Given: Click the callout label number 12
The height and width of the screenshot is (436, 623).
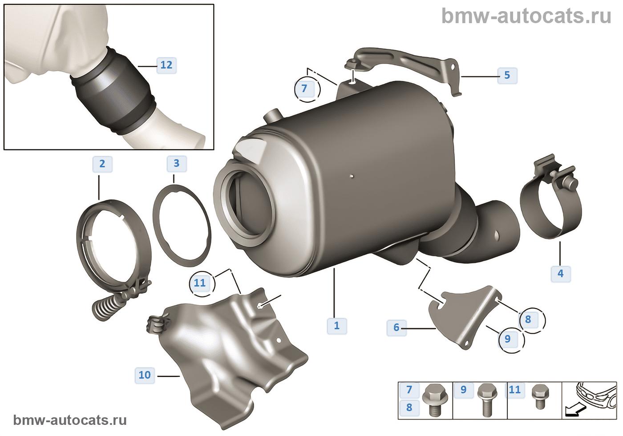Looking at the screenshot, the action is click(x=166, y=65).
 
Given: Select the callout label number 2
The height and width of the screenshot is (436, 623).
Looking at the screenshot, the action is click(x=102, y=164).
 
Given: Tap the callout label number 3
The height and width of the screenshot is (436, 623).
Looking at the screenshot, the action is click(x=177, y=164).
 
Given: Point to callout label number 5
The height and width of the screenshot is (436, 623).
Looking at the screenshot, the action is click(x=507, y=75).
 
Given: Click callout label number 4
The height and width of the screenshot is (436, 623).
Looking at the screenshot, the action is click(x=561, y=274).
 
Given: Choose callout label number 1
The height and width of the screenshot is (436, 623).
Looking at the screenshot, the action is click(x=337, y=326).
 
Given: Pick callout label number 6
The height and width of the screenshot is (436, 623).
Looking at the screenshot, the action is click(x=396, y=327).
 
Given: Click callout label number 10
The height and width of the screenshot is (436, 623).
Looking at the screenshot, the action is click(x=145, y=375).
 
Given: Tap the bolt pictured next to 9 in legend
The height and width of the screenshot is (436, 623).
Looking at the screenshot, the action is click(x=487, y=400).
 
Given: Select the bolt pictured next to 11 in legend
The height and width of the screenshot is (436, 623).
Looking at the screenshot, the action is click(x=540, y=397).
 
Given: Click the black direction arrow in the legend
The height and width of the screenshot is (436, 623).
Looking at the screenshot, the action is click(x=575, y=410).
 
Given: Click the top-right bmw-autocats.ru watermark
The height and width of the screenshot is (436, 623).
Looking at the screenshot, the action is click(x=526, y=16).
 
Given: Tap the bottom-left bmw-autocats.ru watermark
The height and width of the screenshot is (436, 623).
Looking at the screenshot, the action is click(x=70, y=420).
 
